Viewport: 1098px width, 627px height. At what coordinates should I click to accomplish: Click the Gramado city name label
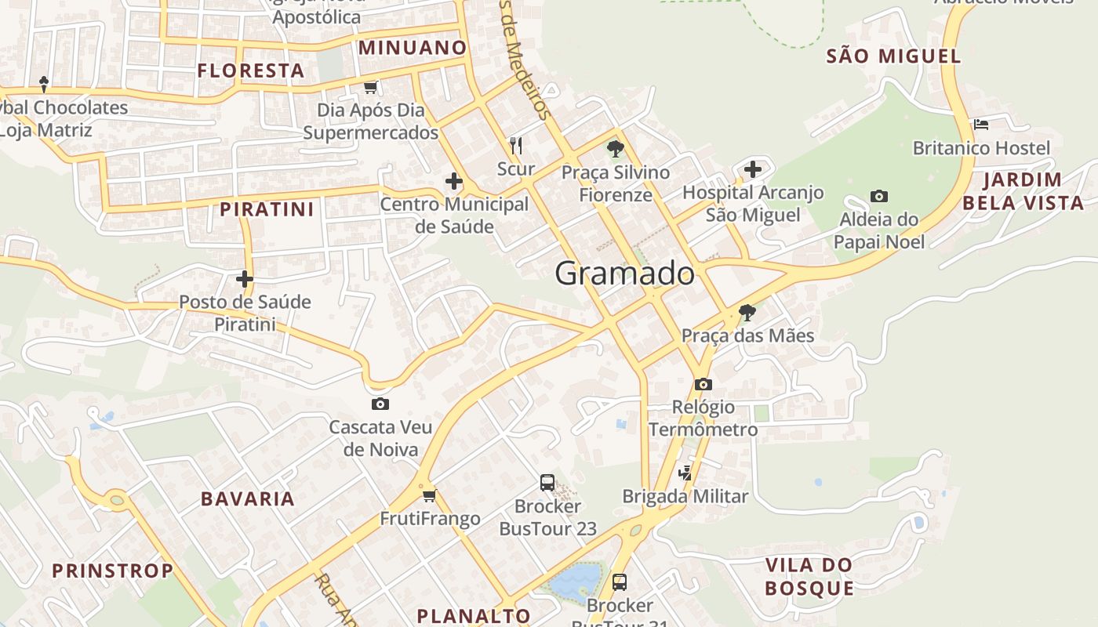(x=624, y=274)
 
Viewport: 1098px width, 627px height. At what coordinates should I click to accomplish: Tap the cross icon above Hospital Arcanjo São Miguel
(x=753, y=169)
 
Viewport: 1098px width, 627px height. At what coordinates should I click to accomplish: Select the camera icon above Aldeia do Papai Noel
(x=879, y=196)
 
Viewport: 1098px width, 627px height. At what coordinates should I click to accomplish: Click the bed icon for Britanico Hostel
(x=980, y=124)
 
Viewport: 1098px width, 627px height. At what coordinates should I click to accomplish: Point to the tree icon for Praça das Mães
(x=747, y=313)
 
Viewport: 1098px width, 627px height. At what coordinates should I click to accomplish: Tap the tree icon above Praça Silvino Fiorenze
(x=616, y=148)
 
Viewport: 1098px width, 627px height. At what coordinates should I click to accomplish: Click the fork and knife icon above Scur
(x=516, y=145)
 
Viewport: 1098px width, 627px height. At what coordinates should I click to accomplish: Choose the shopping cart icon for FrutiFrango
(x=429, y=495)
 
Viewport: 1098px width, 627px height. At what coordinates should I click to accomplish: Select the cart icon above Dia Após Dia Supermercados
(x=371, y=87)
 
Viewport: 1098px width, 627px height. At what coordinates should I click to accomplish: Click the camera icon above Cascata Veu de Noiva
(x=380, y=404)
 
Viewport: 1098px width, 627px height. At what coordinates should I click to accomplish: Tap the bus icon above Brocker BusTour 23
(x=547, y=483)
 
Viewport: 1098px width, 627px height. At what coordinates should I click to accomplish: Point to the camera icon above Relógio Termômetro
(x=704, y=384)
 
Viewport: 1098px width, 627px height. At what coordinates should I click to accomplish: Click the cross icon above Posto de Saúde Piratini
(x=245, y=278)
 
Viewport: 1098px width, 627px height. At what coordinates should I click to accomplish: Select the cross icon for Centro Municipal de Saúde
(x=453, y=182)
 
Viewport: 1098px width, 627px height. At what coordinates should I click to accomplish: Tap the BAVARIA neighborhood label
(x=248, y=499)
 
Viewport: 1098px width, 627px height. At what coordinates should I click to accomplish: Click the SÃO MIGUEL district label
(x=893, y=56)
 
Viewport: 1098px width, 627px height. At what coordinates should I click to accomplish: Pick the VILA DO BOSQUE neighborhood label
(x=809, y=577)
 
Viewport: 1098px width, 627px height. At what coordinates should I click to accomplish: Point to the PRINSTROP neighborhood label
(x=113, y=571)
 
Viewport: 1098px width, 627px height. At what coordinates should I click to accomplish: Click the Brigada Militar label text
(x=685, y=496)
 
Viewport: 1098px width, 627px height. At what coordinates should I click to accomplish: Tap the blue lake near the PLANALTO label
(x=576, y=582)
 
